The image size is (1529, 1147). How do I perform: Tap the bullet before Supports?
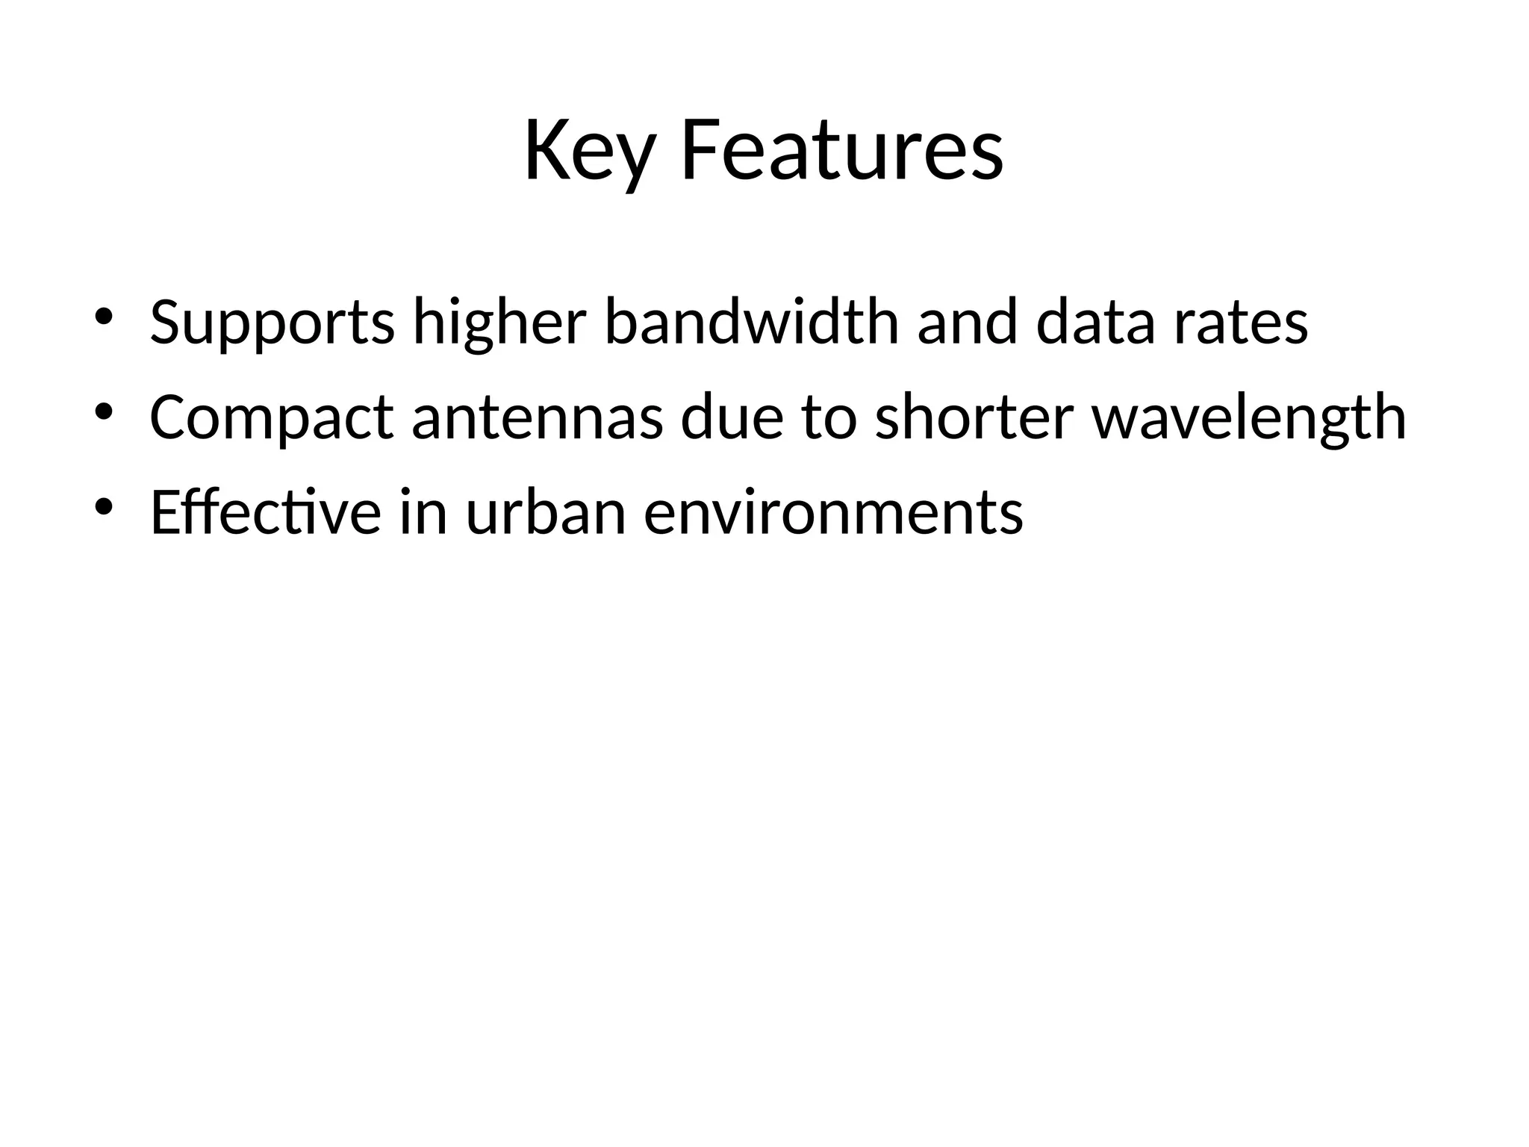point(103,316)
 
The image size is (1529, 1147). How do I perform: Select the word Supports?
point(272,323)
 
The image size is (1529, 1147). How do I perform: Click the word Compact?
point(271,418)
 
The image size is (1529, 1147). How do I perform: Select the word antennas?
point(537,418)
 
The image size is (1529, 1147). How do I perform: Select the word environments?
point(832,514)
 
